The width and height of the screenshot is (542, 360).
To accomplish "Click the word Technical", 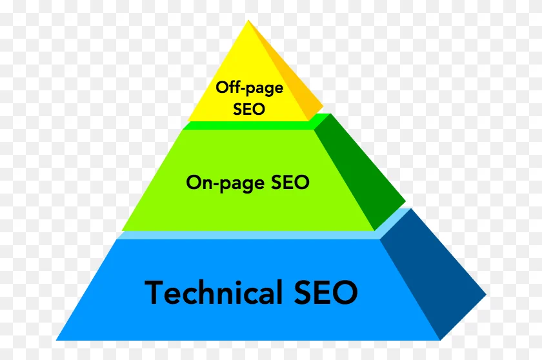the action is pos(213,292).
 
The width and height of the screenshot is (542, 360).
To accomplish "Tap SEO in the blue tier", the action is pos(326,292).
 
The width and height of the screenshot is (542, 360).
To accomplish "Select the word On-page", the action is pos(225,183).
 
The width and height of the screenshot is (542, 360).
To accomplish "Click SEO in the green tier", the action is pos(290,182).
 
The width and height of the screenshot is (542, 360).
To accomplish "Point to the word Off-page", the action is pos(250,88).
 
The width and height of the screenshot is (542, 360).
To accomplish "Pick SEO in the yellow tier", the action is pos(249,108).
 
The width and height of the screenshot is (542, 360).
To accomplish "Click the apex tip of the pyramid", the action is pos(248,21).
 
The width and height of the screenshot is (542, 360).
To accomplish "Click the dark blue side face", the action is pos(432,273).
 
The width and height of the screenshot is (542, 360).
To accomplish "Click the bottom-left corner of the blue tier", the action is pos(56,340).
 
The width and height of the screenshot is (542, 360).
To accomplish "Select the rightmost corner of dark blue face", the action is pos(487,294).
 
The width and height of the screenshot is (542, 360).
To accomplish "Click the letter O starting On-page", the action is pos(193,182).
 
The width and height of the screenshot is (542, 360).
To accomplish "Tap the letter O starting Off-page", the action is pos(222,87).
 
